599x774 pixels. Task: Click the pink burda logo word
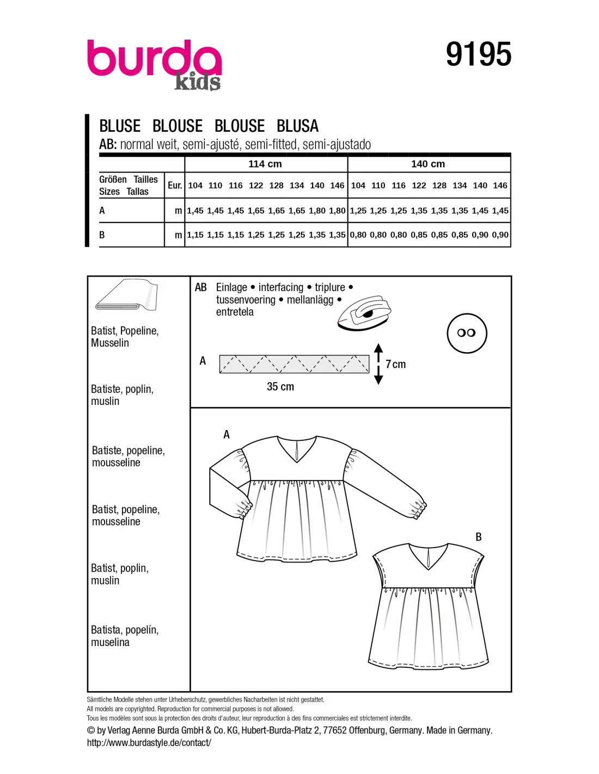point(154,58)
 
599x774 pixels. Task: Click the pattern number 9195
point(478,54)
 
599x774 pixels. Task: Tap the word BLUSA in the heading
point(297,126)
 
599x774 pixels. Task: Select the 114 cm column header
point(265,164)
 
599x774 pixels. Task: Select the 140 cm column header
point(428,164)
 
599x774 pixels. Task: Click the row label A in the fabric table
point(102,211)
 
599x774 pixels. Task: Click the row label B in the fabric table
point(102,235)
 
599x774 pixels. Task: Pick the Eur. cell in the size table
point(175,186)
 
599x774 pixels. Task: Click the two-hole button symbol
point(467,333)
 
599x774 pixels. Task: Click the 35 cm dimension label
point(280,386)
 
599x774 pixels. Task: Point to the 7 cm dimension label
point(396,364)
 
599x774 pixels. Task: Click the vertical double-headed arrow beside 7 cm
point(378,364)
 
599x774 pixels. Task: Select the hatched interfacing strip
point(294,364)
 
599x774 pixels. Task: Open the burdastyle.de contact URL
point(149,742)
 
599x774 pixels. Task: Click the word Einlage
point(231,287)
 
